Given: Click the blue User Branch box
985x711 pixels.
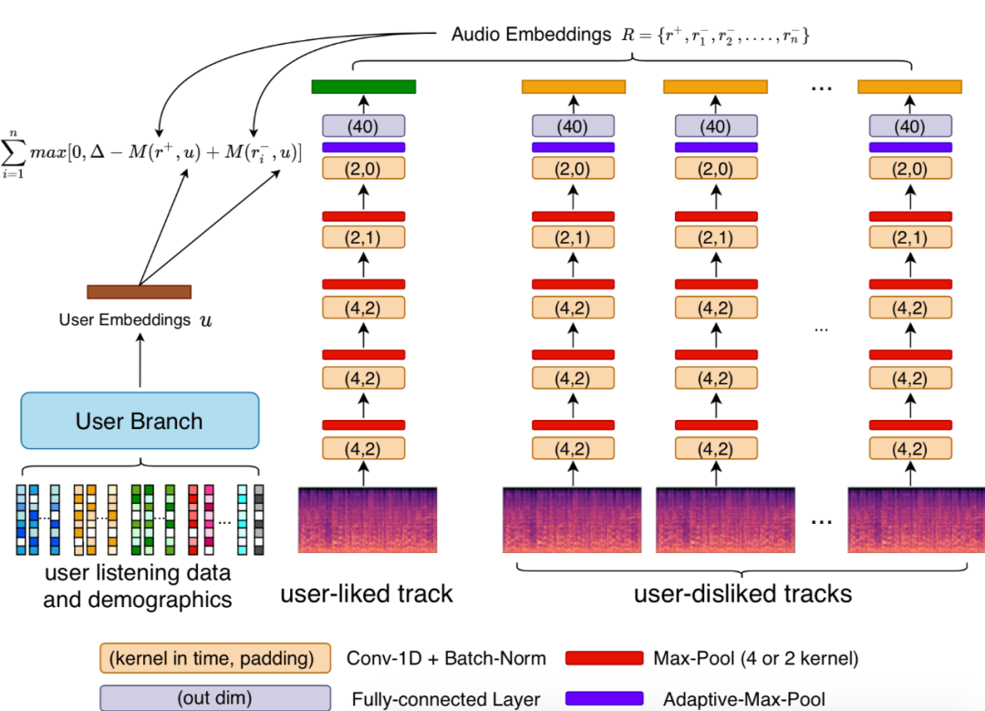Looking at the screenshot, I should coord(140,421).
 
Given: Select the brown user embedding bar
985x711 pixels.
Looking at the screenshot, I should coord(139,292).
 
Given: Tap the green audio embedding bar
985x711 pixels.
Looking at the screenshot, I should coord(363,87).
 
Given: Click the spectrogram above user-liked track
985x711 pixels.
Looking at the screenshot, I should coord(368,519).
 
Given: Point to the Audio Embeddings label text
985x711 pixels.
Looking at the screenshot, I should coord(531,35).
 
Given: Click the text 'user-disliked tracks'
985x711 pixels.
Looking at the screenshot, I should coord(742,594).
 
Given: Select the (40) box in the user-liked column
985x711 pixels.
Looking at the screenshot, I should coord(363,126).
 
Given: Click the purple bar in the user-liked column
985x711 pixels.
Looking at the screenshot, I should coord(363,147).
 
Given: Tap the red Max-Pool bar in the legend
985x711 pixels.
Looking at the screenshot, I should coord(604,658).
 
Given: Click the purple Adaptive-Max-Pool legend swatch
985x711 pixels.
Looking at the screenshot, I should coord(604,699).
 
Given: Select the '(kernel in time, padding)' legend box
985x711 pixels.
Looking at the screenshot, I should coord(214,658).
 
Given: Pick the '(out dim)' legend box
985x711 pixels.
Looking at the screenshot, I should coord(214,699).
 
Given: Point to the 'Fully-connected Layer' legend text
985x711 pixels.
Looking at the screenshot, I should coord(446,700).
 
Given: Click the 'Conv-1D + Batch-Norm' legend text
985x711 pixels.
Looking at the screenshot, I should coord(446,658).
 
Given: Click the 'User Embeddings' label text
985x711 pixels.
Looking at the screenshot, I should coord(124,320).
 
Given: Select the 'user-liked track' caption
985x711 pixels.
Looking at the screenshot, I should coord(366,594).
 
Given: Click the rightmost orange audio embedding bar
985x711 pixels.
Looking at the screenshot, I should coord(909,87).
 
